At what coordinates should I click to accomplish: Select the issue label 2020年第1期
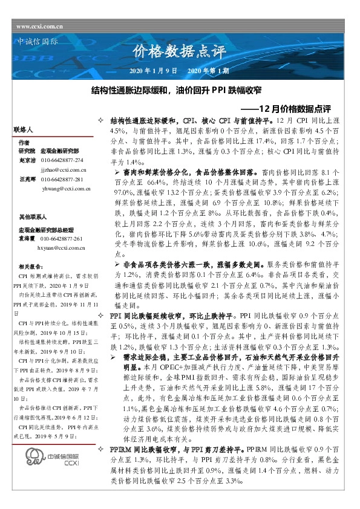point(208,71)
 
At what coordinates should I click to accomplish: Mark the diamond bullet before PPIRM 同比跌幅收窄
point(101,450)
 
